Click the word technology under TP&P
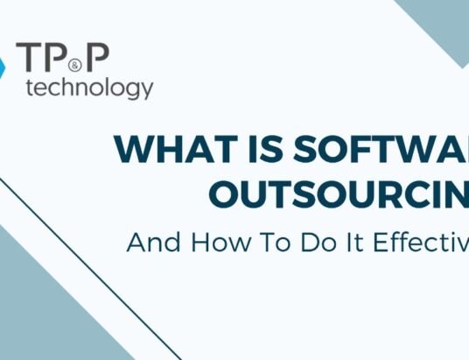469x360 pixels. pyautogui.click(x=91, y=88)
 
